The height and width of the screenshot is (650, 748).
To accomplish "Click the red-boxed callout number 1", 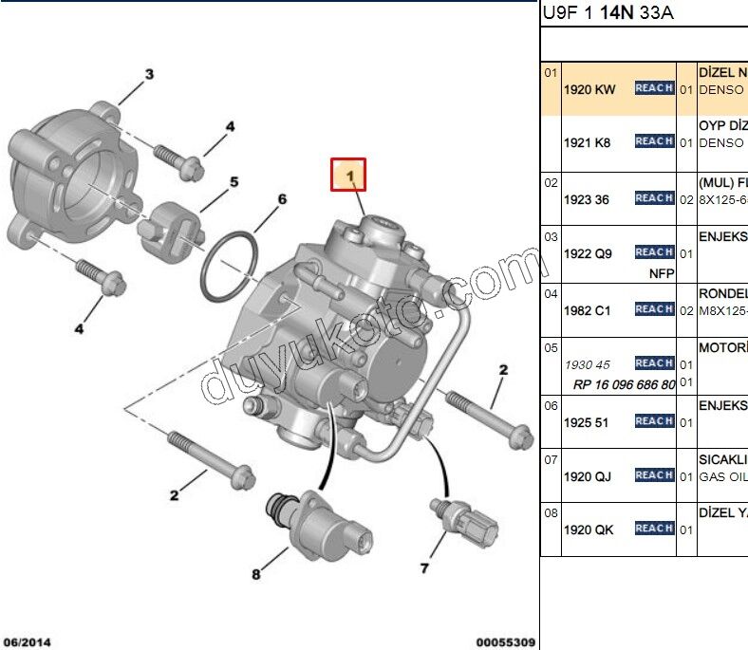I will pyautogui.click(x=348, y=175).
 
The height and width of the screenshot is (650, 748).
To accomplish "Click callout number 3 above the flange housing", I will pyautogui.click(x=149, y=74).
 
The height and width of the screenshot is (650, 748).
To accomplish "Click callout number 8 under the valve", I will pyautogui.click(x=255, y=574).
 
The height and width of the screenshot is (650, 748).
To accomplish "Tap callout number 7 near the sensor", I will pyautogui.click(x=424, y=567).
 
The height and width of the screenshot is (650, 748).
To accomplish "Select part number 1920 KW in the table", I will pyautogui.click(x=589, y=89).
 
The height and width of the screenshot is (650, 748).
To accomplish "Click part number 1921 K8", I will pyautogui.click(x=588, y=142).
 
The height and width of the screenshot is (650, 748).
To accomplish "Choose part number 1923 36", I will pyautogui.click(x=587, y=199).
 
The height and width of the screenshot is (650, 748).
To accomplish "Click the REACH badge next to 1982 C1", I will pyautogui.click(x=654, y=309).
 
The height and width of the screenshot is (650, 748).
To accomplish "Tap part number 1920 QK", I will pyautogui.click(x=589, y=529).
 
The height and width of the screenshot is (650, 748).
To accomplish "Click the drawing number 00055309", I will pyautogui.click(x=506, y=641).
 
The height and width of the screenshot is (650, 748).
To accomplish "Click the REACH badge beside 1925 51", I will pyautogui.click(x=654, y=420).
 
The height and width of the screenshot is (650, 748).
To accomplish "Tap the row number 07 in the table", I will pyautogui.click(x=550, y=458).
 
